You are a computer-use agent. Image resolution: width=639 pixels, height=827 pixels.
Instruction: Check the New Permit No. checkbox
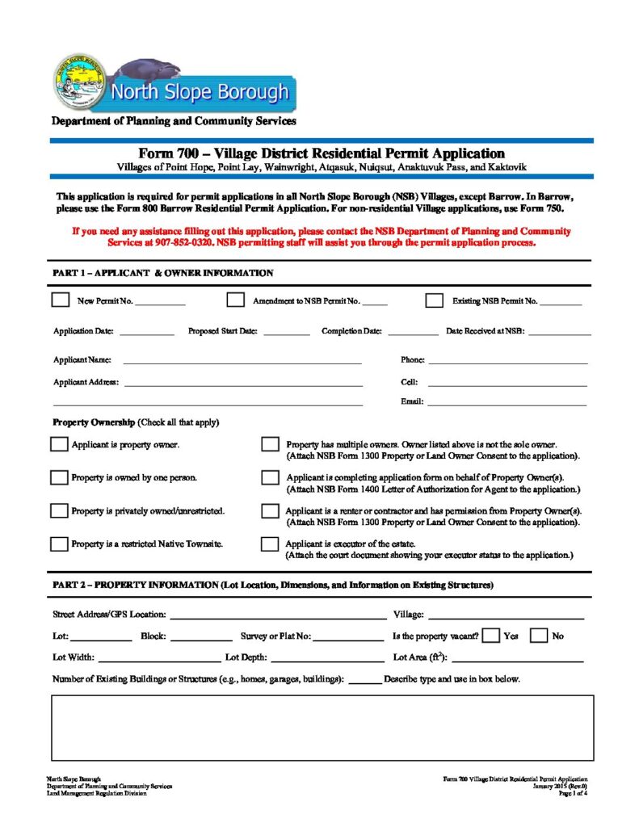[x=61, y=300]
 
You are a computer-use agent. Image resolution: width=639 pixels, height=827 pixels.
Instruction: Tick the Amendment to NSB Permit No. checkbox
[x=235, y=300]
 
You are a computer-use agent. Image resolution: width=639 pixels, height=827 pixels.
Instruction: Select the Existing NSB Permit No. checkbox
[x=435, y=300]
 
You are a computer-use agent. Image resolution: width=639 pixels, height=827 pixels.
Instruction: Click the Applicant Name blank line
[x=242, y=361]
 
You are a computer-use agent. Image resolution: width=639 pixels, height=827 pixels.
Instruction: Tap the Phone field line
[x=507, y=361]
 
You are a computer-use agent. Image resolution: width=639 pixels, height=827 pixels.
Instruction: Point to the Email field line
[x=507, y=402]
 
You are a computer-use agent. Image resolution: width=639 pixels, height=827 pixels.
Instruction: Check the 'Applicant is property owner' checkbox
[x=59, y=445]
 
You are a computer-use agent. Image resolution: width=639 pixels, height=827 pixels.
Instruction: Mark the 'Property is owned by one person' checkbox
[x=59, y=477]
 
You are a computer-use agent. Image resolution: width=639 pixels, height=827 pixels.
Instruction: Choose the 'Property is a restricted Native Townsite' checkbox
[x=59, y=544]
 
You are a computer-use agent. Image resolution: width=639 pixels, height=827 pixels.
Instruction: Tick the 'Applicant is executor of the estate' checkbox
[x=271, y=544]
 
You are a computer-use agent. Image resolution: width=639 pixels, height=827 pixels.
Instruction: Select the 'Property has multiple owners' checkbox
[x=271, y=445]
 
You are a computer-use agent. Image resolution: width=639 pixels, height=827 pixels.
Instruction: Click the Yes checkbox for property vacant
[x=490, y=636]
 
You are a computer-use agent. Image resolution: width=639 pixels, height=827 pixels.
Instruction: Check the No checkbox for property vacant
[x=539, y=636]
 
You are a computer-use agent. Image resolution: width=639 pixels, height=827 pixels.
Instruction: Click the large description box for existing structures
[x=322, y=727]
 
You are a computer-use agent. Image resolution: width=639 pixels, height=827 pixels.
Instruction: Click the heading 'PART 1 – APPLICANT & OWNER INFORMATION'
[x=162, y=273]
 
